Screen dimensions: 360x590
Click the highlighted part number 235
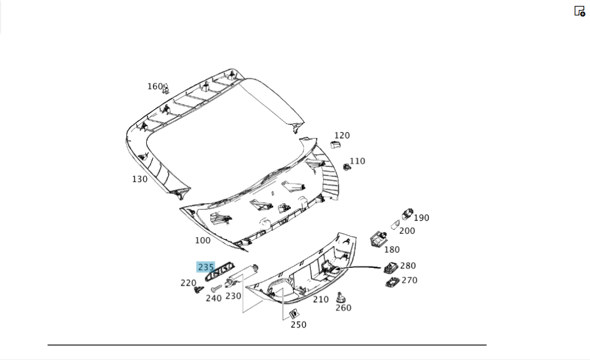tap(206, 267)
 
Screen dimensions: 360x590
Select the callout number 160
tap(155, 87)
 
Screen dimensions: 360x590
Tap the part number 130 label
tap(140, 179)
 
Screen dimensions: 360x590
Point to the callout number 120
tap(342, 135)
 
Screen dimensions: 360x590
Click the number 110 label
tap(357, 161)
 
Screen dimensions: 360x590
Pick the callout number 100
tap(202, 240)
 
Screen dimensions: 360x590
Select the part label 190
tap(421, 218)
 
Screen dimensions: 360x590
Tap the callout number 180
tap(391, 250)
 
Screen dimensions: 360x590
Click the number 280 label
tap(408, 266)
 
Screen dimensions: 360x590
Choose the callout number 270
tap(409, 280)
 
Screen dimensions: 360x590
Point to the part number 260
tap(343, 307)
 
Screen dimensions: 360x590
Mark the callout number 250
tap(298, 325)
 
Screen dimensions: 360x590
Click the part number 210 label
tap(320, 299)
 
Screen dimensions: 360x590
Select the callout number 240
tap(214, 299)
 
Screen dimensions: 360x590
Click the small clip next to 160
tap(166, 89)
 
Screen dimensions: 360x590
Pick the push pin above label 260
tap(340, 296)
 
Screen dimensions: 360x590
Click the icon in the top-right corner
tap(579, 11)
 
